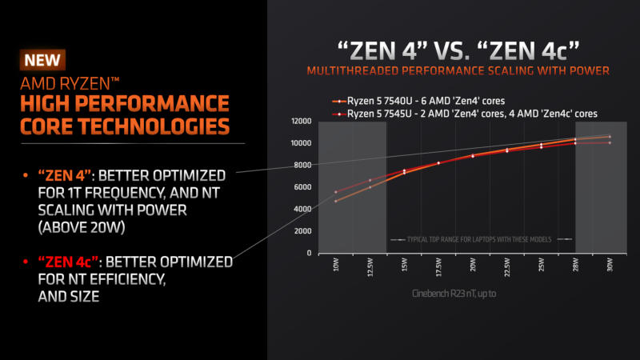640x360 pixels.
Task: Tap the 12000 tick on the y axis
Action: coord(300,121)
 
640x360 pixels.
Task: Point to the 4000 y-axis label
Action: coord(302,209)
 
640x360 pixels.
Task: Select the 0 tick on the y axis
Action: coord(309,253)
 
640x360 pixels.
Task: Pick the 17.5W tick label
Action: coord(438,267)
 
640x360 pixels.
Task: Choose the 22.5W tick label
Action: coord(506,267)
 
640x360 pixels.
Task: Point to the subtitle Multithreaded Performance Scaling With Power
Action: coord(458,70)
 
